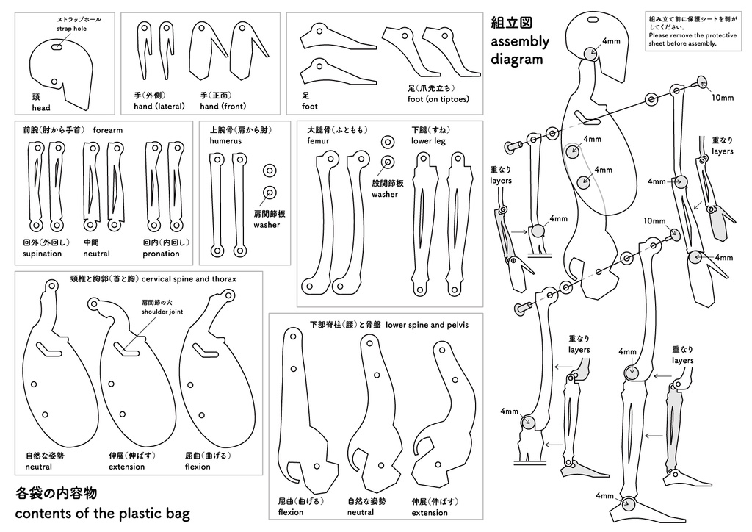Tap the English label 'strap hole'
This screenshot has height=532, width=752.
tap(71, 29)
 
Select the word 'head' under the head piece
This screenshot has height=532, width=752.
tap(41, 107)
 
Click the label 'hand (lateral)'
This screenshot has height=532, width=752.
tap(153, 107)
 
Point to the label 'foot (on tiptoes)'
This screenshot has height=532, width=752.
tap(438, 99)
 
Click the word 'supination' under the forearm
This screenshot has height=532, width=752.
tap(43, 254)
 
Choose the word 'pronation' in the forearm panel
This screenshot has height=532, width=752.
tap(161, 254)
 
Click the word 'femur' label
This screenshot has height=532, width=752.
tap(318, 140)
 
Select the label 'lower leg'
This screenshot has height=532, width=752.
tap(428, 140)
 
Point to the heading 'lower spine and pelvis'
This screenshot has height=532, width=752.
tap(427, 324)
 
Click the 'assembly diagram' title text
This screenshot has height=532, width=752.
tap(519, 50)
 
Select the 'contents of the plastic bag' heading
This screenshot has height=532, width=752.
tap(102, 513)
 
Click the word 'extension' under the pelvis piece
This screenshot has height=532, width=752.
tap(430, 513)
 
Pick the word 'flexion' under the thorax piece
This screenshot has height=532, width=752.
tap(198, 467)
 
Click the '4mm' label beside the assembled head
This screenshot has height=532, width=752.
tap(611, 41)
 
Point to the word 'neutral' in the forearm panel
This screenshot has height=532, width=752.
tap(96, 254)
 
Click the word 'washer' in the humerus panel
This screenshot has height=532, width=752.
tap(267, 225)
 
